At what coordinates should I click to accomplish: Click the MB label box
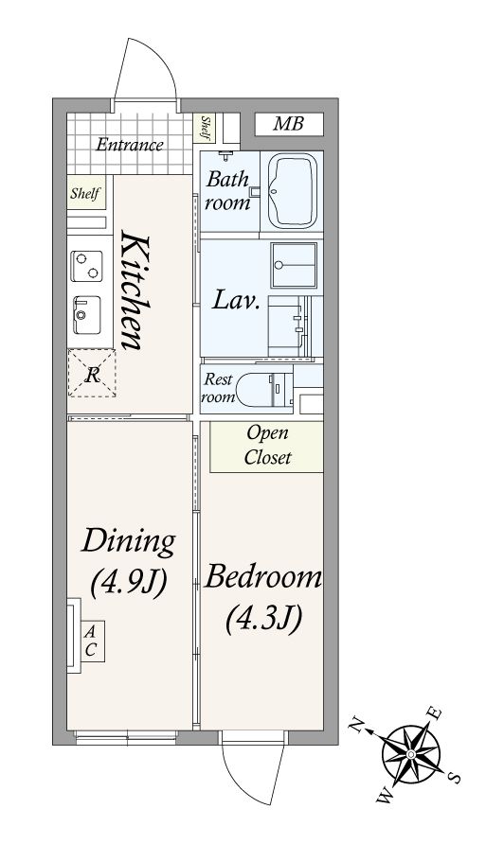(289, 124)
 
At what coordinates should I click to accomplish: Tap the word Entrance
(130, 145)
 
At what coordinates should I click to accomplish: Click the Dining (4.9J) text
(128, 562)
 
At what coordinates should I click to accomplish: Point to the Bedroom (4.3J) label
(262, 596)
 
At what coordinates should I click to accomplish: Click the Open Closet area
(267, 447)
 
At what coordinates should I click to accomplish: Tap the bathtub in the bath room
(292, 191)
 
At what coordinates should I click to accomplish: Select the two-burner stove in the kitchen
(86, 265)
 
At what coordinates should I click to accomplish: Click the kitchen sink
(86, 314)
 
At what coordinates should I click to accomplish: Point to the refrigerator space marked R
(92, 373)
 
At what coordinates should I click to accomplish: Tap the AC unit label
(90, 642)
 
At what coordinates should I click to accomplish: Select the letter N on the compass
(356, 726)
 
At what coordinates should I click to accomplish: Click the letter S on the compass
(456, 777)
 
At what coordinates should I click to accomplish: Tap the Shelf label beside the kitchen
(85, 193)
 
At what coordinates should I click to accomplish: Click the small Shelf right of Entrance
(205, 128)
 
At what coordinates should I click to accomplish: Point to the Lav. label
(236, 300)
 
